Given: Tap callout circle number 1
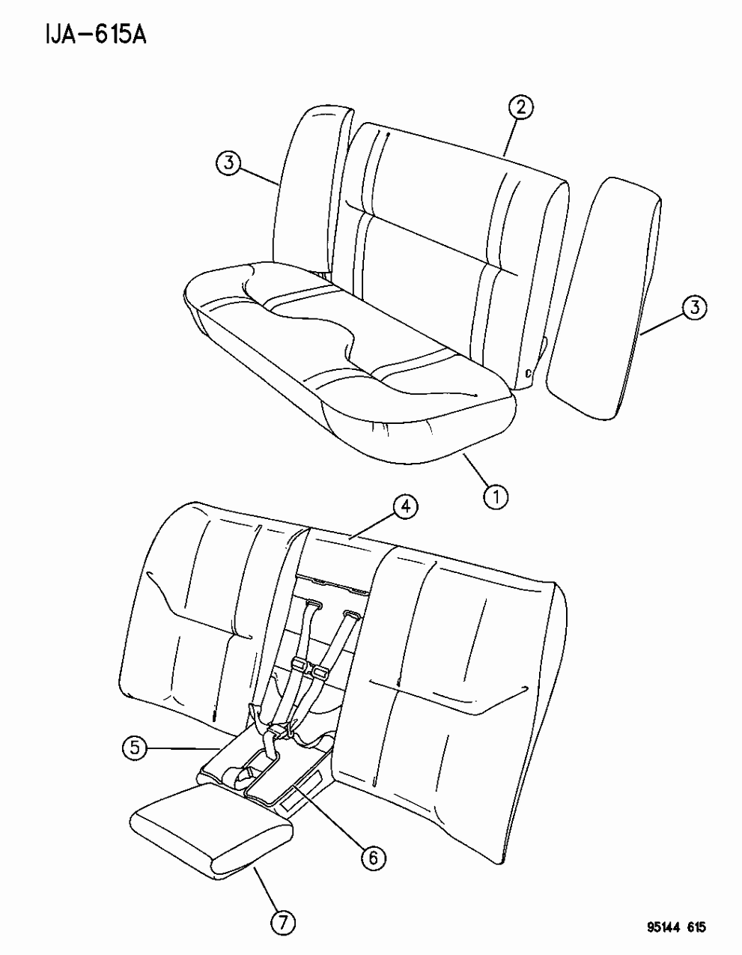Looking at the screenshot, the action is pos(496,497).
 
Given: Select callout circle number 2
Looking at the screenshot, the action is pos(521,108).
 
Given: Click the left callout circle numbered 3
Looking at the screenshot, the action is pos(228,163).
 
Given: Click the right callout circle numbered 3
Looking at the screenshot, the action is pos(695,307).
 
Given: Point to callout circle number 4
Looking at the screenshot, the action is pos(406,507).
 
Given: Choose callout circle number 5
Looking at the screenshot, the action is pos(135,748).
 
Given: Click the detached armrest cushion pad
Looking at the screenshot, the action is pos(212,825).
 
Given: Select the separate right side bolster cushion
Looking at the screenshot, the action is pos(603,298).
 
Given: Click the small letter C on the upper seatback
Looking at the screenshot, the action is pos(529,374).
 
